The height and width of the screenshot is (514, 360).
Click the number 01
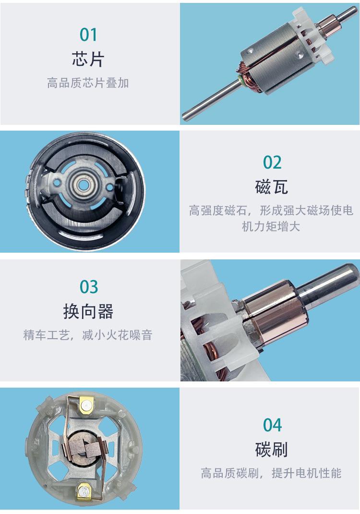(88, 35)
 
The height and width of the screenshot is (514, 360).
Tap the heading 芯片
(88, 59)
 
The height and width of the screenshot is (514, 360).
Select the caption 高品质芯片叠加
(88, 83)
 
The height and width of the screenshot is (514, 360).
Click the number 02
(272, 162)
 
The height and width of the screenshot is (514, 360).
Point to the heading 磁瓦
(272, 187)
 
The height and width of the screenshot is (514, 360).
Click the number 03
(88, 287)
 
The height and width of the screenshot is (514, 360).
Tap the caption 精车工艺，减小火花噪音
(88, 335)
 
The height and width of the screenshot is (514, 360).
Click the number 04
(272, 425)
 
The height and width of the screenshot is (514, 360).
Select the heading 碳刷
(272, 450)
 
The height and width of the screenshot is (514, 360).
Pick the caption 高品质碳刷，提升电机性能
(271, 473)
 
